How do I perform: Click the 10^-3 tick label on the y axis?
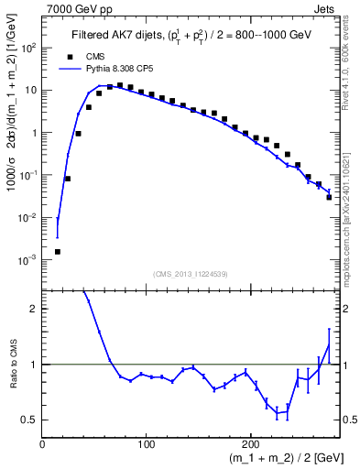[x=28, y=260]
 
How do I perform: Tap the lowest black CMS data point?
[x=57, y=251]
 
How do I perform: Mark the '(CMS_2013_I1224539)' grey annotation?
[x=191, y=272]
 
